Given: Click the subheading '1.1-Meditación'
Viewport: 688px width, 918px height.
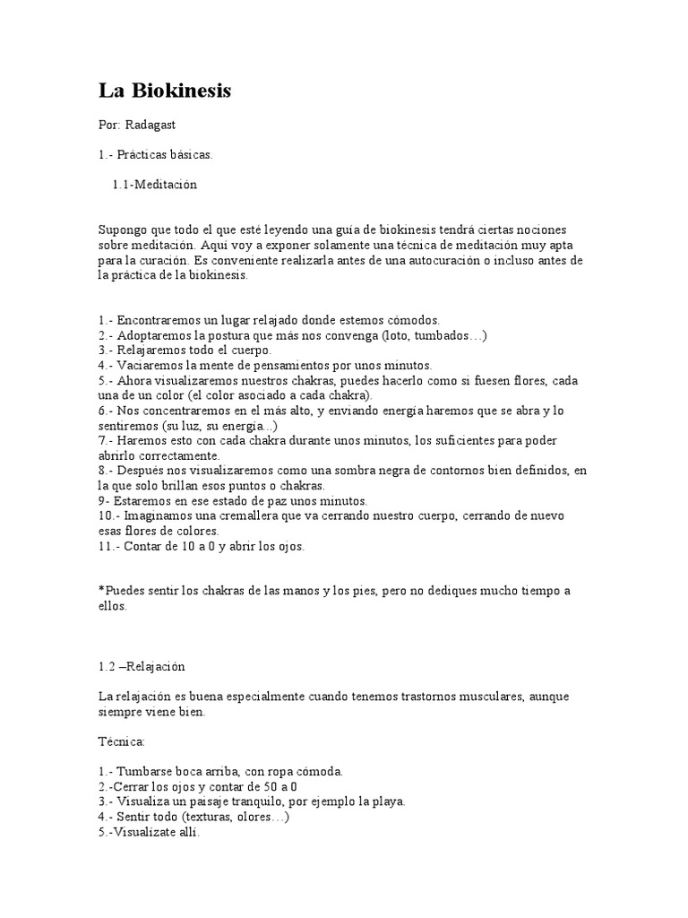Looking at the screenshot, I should click(155, 185).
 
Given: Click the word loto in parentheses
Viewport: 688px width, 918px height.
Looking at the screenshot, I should click(398, 335).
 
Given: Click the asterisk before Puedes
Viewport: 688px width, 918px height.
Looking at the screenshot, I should click(101, 591).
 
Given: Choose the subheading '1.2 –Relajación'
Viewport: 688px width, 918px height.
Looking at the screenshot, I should click(142, 666).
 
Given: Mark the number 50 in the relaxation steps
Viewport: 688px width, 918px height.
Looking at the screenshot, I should click(274, 786).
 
